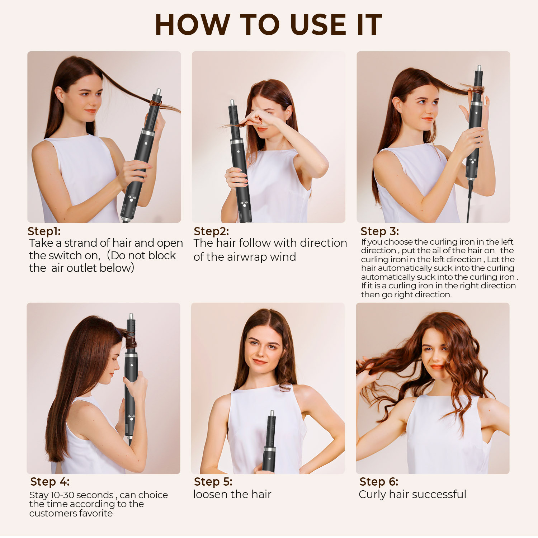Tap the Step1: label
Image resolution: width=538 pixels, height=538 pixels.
44,231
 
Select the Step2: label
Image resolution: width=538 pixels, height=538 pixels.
211,231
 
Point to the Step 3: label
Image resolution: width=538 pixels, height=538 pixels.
380,231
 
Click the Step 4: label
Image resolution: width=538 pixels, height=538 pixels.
50,481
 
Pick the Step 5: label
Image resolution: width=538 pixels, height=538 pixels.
213,481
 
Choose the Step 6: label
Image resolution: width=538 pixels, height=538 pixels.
379,481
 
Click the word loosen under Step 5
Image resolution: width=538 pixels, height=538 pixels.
210,494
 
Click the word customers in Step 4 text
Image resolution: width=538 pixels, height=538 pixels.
47,514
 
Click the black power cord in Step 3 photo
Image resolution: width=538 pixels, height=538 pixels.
469,201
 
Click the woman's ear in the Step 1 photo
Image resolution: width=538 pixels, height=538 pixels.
60,95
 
